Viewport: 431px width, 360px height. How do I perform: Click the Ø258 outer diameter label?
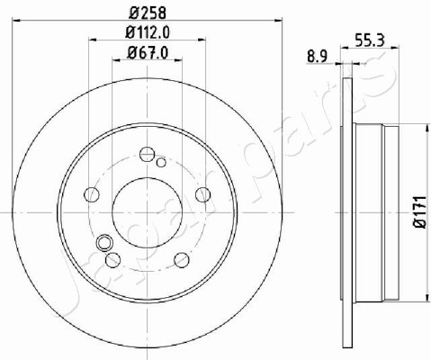[x=148, y=13]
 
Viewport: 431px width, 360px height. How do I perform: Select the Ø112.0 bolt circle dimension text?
[x=148, y=32]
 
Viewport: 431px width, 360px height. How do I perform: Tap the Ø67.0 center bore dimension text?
[x=148, y=52]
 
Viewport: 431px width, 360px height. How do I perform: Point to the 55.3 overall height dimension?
[x=369, y=40]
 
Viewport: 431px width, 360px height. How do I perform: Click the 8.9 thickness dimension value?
[x=318, y=57]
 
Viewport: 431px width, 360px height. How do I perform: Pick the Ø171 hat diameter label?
[x=420, y=211]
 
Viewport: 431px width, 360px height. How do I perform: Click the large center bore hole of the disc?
[x=148, y=212]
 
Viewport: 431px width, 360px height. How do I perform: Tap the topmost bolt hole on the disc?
[x=148, y=154]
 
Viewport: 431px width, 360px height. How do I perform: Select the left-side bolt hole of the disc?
[x=92, y=194]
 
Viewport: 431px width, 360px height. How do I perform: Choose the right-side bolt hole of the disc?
[x=202, y=194]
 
